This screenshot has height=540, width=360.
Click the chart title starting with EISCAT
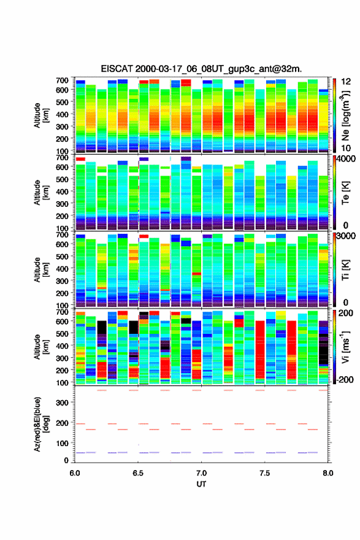pos(201,69)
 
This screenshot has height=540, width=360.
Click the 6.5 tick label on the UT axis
pos(138,473)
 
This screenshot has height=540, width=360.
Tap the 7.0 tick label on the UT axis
pos(201,473)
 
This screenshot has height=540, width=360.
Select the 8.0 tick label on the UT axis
pos(328,473)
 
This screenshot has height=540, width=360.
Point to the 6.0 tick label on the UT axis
pos(75,473)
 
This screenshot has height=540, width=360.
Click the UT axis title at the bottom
pos(201,484)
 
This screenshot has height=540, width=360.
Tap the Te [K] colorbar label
pos(345,193)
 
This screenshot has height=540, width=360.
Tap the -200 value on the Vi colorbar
pos(345,379)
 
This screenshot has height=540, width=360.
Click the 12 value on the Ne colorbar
pos(346,81)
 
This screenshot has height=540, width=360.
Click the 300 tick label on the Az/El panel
pos(62,403)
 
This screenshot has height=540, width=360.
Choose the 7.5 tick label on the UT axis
pos(265,473)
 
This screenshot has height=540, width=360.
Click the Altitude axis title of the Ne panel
pos(41,115)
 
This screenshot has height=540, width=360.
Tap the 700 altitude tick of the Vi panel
pos(62,312)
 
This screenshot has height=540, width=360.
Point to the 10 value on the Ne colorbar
pos(346,148)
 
